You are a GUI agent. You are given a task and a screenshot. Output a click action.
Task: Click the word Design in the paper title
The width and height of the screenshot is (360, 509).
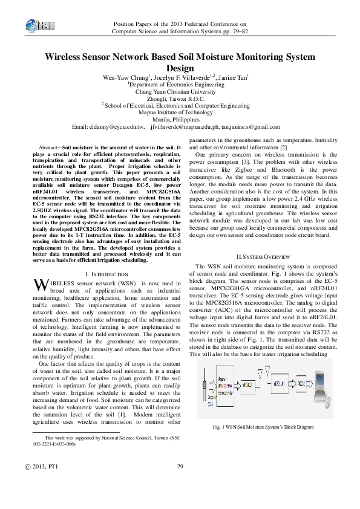pos(180,68)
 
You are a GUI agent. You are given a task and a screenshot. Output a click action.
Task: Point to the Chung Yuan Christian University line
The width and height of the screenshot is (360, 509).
pos(180,92)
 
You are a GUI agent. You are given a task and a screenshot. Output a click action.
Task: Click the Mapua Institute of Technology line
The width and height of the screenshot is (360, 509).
pos(180,112)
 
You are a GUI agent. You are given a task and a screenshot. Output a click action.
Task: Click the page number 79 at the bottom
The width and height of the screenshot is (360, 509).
pos(180,484)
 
